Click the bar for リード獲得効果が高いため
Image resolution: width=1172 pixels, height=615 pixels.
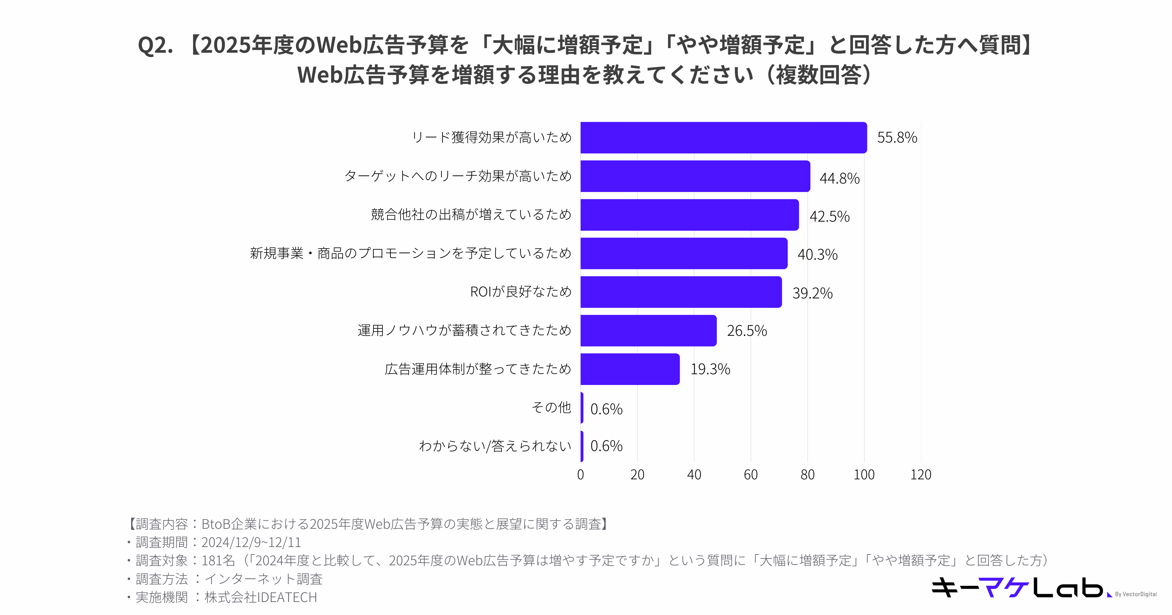[723, 137]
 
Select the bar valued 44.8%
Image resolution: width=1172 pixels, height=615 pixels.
[695, 176]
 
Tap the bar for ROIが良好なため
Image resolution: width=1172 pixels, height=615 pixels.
[681, 292]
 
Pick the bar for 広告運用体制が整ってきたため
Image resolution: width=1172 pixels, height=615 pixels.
[630, 369]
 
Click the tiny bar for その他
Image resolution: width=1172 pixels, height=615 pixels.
[582, 408]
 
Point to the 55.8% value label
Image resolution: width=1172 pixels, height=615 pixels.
[897, 137]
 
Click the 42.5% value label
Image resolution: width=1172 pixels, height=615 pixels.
[830, 216]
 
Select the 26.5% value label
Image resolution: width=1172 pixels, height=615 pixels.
[746, 331]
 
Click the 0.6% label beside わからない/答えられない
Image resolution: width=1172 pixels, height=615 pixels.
[606, 446]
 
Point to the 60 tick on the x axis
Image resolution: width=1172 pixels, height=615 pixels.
[751, 475]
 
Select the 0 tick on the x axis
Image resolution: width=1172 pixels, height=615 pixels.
[580, 475]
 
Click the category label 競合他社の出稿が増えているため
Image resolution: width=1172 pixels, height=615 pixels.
[471, 215]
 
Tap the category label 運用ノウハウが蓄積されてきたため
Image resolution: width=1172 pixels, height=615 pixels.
[464, 330]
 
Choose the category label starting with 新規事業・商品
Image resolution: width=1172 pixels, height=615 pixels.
[411, 253]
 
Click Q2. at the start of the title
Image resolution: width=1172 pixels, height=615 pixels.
[156, 46]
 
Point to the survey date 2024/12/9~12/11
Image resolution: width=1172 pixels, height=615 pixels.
[251, 542]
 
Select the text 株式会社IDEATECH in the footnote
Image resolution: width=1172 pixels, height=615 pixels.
[261, 597]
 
